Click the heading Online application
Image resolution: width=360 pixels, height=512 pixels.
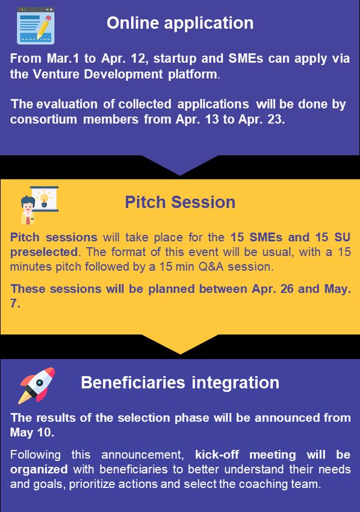(x=180, y=23)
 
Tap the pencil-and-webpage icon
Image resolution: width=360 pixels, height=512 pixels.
(x=36, y=26)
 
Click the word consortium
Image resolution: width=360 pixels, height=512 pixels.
(x=43, y=119)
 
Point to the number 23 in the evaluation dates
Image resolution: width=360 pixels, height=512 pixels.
(x=277, y=119)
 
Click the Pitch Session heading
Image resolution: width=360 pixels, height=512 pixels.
(x=180, y=202)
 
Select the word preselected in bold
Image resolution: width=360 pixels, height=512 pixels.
(x=44, y=252)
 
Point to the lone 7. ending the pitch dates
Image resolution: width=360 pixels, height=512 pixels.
(x=15, y=304)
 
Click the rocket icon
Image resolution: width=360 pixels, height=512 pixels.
(x=37, y=386)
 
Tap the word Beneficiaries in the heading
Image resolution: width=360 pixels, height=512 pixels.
(x=133, y=382)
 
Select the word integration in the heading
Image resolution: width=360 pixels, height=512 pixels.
(x=235, y=383)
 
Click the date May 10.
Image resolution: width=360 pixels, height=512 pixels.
(x=32, y=432)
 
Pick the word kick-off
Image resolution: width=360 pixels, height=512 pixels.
(x=217, y=455)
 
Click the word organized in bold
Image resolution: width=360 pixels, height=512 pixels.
(x=39, y=470)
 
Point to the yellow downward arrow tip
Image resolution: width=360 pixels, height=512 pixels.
(x=180, y=354)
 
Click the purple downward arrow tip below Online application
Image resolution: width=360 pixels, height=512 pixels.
(x=180, y=175)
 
